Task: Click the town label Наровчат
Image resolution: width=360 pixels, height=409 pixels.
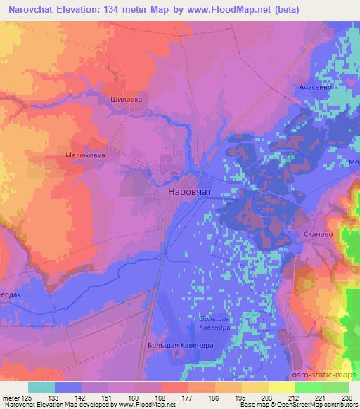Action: coord(190,191)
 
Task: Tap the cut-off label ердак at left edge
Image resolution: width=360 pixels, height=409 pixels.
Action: coord(13,294)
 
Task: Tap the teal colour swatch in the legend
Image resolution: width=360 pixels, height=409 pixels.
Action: coord(41,387)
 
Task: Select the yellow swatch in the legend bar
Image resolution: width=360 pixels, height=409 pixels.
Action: coord(281,387)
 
